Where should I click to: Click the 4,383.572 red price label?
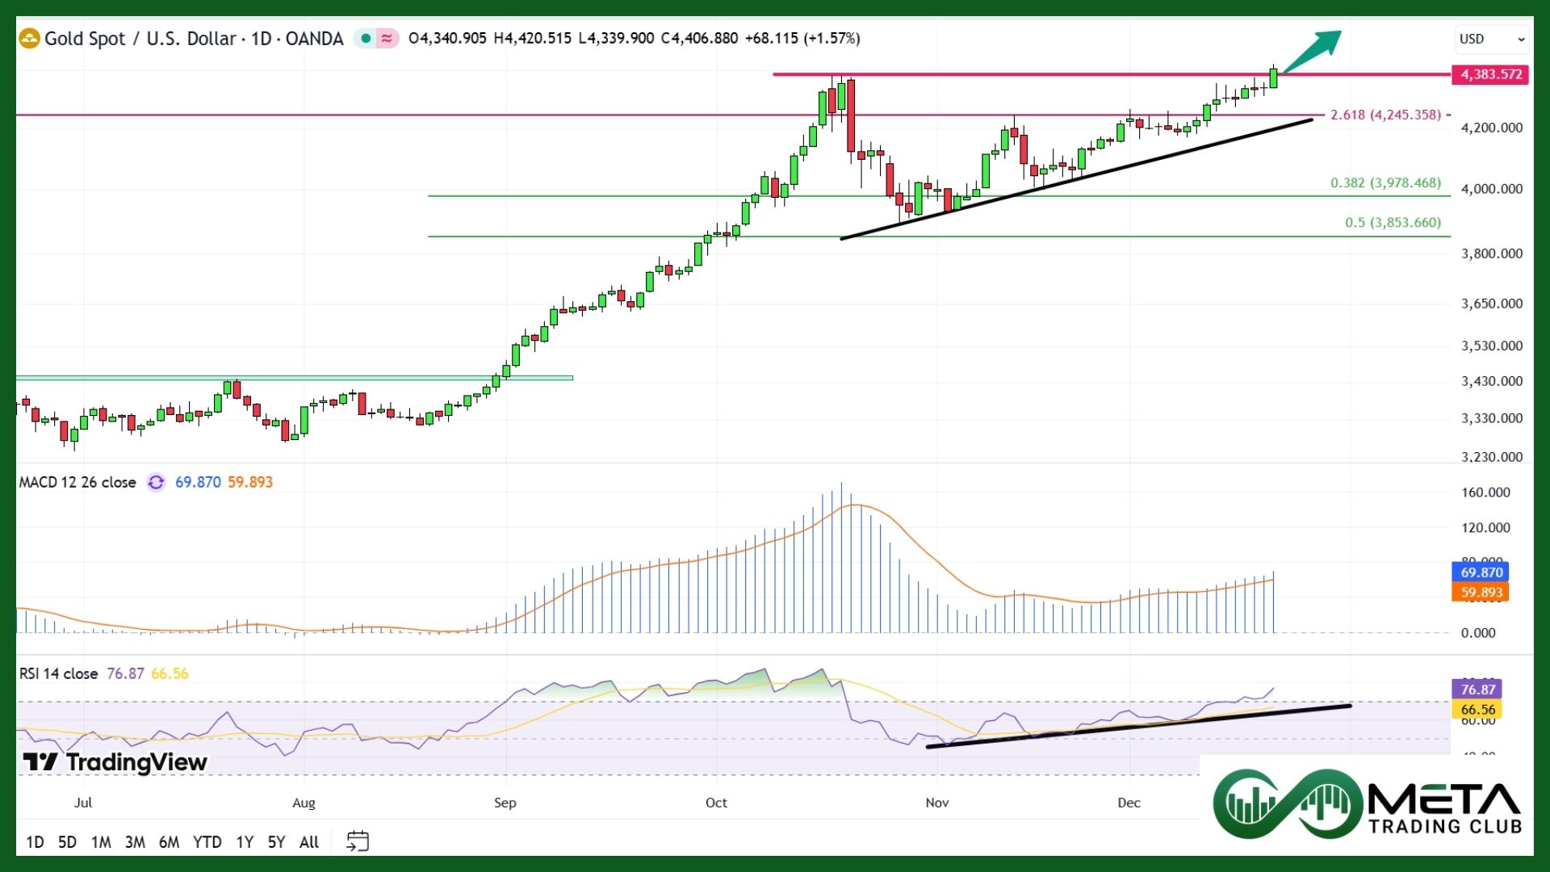1490,74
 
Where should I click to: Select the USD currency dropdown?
1490,39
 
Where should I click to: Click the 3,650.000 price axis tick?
1491,304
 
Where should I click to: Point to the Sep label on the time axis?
505,803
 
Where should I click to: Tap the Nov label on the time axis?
936,803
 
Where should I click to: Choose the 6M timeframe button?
169,842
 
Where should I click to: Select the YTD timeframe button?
207,842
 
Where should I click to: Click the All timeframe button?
308,842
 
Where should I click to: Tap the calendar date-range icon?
357,841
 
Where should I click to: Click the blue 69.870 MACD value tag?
1481,572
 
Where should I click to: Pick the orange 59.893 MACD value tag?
1481,593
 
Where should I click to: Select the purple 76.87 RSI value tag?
1477,690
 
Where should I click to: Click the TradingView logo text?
115,762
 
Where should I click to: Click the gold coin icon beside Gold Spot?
29,38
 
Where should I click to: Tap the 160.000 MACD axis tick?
1485,493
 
